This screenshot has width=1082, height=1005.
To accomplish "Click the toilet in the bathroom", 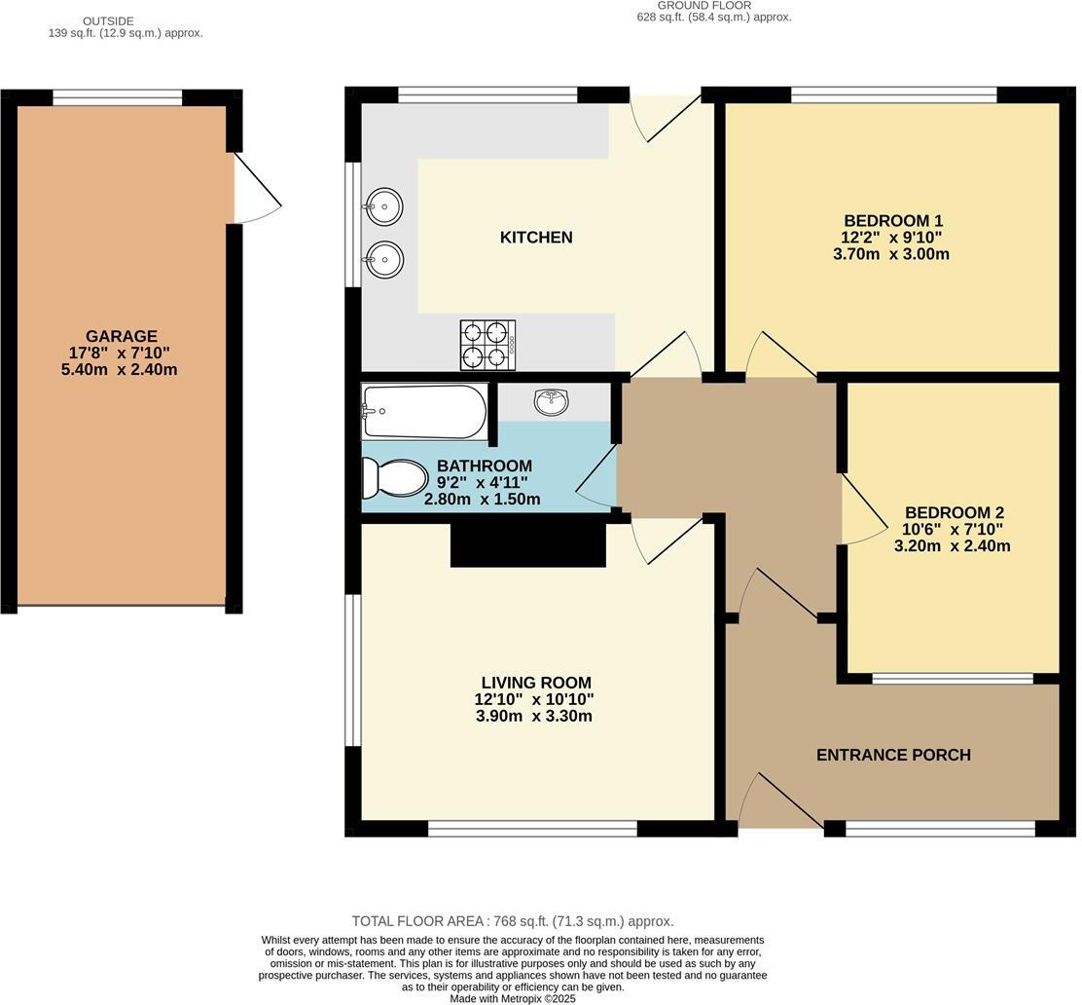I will [395, 478].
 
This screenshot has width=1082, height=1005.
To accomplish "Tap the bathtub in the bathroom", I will [424, 411].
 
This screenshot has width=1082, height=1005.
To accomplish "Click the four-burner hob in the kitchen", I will [487, 345].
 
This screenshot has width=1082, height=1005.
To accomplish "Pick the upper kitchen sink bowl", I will [384, 206].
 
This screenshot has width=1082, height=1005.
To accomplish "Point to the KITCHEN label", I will [536, 238].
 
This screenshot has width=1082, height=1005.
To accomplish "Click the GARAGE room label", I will [121, 336].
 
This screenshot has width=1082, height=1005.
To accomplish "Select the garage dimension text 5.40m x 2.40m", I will [119, 370].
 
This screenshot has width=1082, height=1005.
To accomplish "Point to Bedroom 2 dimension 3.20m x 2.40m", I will [952, 546].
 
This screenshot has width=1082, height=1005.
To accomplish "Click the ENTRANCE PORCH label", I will [893, 755].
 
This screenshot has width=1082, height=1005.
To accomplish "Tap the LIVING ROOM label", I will [535, 683].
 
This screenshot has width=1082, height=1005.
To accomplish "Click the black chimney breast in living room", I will [527, 544].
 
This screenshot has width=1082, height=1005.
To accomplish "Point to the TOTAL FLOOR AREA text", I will [513, 921].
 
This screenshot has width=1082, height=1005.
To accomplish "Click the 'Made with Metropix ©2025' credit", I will [513, 998].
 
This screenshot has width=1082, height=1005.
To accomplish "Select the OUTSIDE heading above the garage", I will [108, 20].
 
